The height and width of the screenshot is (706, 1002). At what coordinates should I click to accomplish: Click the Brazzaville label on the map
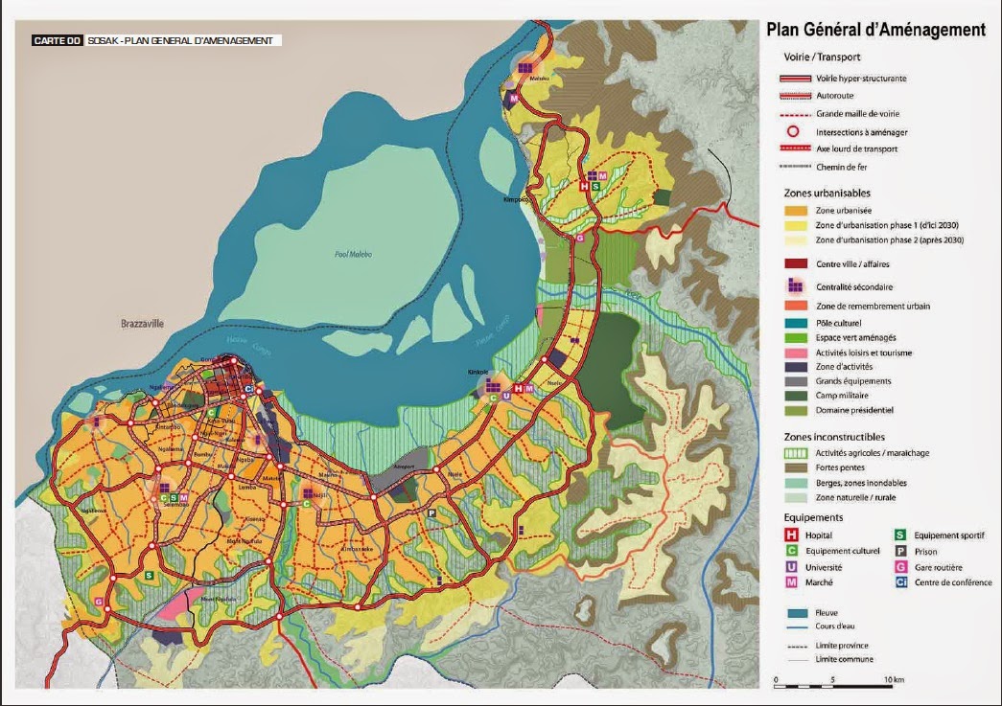click(x=142, y=324)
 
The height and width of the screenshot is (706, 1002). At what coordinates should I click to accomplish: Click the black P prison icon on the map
click(x=431, y=513)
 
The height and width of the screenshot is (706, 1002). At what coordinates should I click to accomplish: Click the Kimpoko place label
click(x=518, y=200)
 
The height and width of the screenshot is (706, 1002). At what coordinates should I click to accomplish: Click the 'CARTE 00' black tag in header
click(x=56, y=41)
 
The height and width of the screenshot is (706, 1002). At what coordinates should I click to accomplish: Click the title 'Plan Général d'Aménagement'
click(x=875, y=30)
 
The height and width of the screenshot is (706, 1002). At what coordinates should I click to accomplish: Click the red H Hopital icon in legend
click(x=793, y=535)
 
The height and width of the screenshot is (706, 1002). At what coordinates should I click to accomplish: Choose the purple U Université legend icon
click(x=793, y=566)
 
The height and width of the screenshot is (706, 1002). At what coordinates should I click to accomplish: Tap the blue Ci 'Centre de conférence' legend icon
click(x=901, y=581)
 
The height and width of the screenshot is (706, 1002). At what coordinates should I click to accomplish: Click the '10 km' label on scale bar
click(x=894, y=679)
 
